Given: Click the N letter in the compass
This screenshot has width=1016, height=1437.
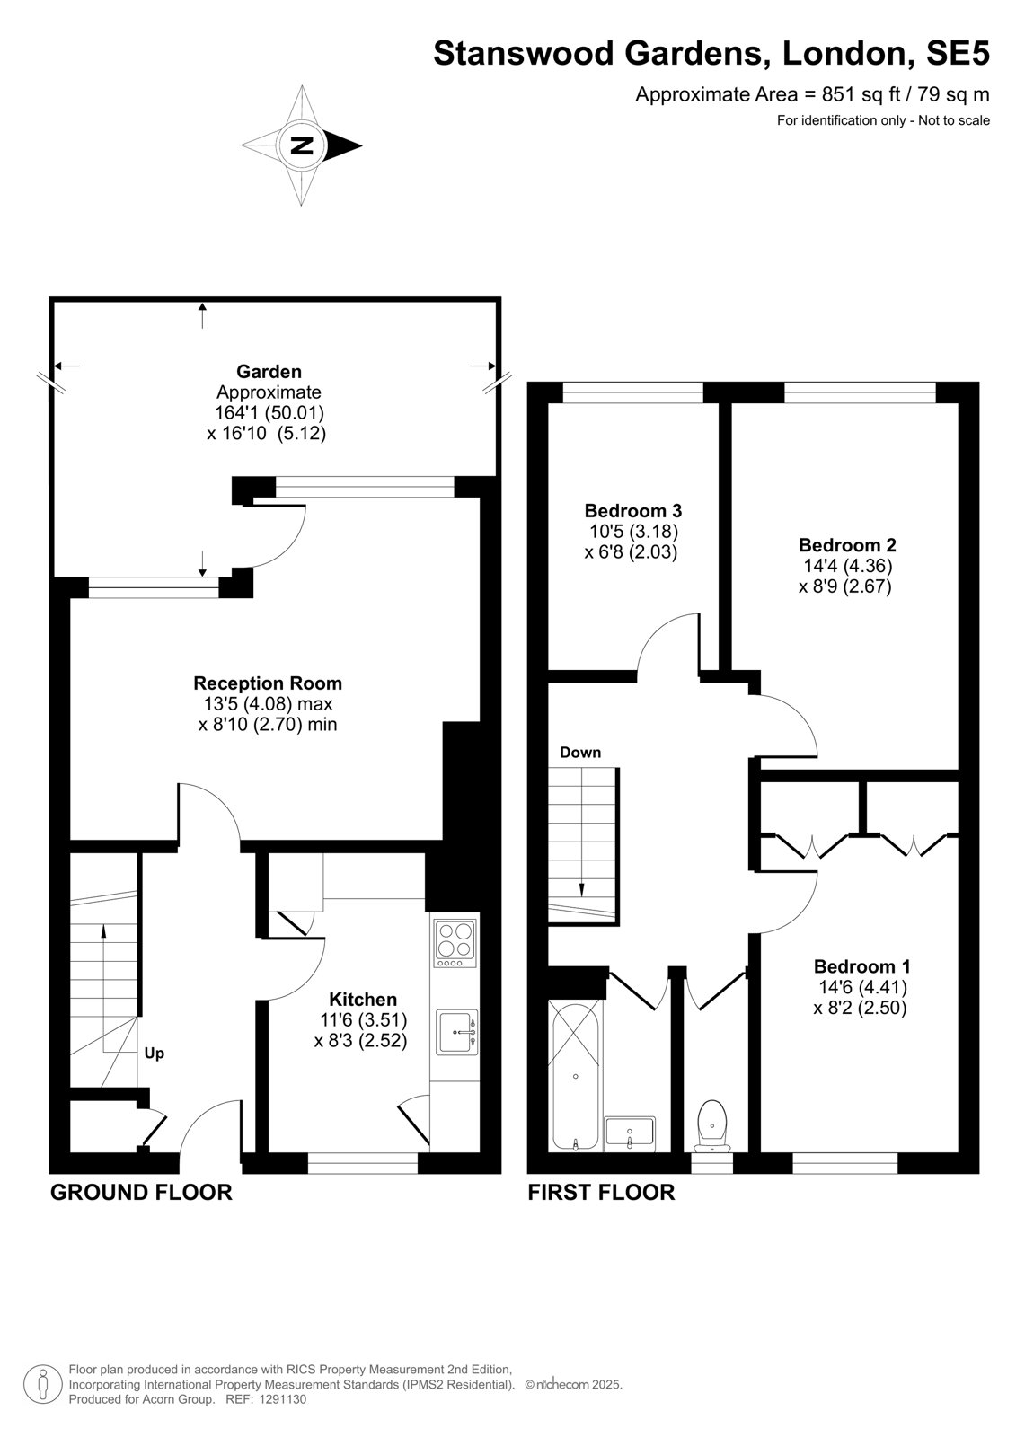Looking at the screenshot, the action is tap(301, 145).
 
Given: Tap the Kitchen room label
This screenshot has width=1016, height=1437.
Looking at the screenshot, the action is tap(363, 999).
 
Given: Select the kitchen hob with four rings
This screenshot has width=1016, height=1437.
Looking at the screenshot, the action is tap(455, 944).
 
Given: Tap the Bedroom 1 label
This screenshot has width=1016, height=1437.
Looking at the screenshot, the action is tap(861, 966).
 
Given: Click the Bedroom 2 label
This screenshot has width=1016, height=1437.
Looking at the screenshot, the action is tap(846, 544).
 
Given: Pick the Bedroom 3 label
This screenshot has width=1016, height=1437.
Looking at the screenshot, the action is tap(632, 511).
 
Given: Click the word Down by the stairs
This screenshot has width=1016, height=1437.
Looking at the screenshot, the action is tap(580, 752).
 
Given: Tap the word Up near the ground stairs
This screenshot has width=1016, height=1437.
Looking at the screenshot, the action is tap(154, 1054).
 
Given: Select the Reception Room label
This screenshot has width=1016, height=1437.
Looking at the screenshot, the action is tap(268, 683).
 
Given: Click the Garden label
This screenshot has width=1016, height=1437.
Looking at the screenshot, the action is tap(269, 371).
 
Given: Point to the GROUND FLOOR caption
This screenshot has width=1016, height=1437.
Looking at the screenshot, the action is tap(141, 1192).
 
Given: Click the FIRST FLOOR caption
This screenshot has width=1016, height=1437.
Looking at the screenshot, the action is tap(601, 1192).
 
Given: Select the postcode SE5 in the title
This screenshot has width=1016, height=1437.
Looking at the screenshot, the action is tap(958, 53).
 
